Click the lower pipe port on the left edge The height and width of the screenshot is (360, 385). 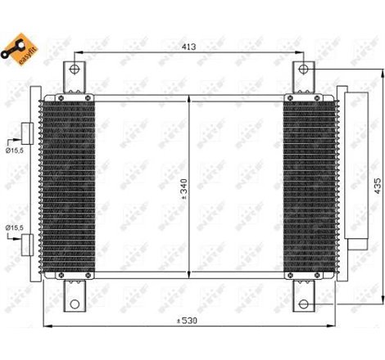pyautogui.click(x=27, y=242)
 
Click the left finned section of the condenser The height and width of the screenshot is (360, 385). pyautogui.click(x=66, y=186)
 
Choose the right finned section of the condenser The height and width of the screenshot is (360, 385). pyautogui.click(x=309, y=186)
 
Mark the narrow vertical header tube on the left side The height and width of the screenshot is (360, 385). pyautogui.click(x=37, y=186)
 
